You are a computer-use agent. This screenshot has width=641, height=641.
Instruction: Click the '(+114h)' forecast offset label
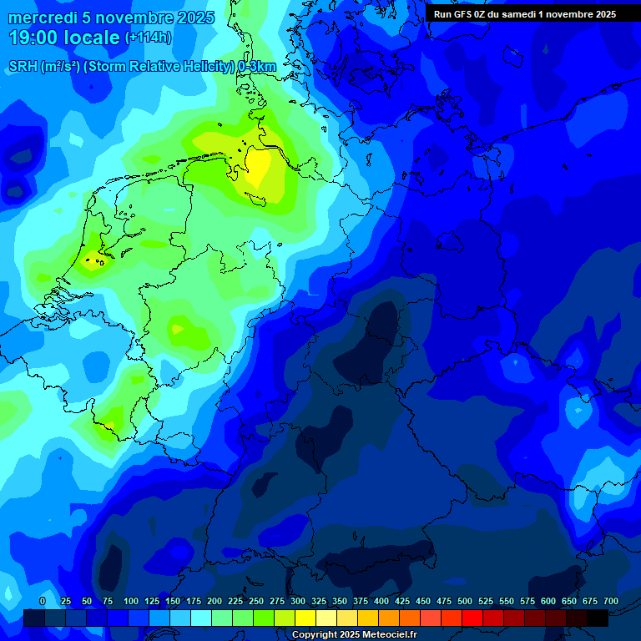coord(148,38)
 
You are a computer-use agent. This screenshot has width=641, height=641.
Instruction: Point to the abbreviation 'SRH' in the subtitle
coord(23,67)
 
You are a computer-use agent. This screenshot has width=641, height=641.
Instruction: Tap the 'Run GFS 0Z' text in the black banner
coord(460,14)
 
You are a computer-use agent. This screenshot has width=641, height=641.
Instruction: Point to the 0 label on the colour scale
coord(43,601)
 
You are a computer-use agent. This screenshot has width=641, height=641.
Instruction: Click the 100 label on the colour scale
coord(131,601)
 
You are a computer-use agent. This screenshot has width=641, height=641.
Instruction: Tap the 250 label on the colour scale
coord(256,601)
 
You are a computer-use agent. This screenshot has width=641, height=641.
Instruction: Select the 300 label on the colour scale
coord(298,601)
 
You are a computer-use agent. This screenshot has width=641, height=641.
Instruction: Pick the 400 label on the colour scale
coord(381,601)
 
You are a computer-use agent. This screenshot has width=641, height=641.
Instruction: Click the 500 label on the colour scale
coord(465,601)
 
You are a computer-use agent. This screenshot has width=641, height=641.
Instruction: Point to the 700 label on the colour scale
coord(610,601)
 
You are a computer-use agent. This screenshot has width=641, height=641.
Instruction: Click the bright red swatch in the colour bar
coord(472,618)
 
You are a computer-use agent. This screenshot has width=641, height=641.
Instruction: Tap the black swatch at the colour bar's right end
coord(598,618)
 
